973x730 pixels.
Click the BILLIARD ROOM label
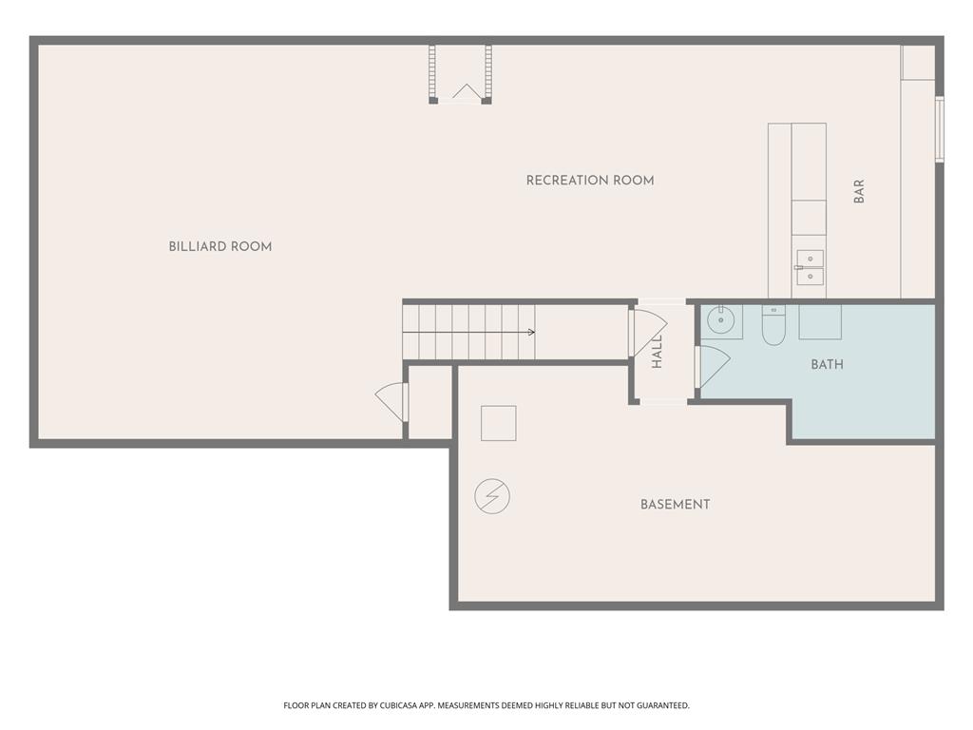point(220,246)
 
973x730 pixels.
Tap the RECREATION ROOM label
point(590,180)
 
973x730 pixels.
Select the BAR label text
point(859,191)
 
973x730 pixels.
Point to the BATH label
point(828,364)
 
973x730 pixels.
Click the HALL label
point(658,352)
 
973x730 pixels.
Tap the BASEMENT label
point(676,504)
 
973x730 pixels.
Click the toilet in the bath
point(773,325)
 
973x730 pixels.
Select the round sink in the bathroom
point(721,320)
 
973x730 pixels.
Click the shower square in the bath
point(820,321)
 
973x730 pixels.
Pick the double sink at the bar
point(810,267)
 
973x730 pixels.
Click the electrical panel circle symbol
point(492,496)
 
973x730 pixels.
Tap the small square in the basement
point(498,423)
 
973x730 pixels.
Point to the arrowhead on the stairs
point(531,332)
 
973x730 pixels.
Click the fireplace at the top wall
point(460,74)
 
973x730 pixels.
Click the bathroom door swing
point(712,367)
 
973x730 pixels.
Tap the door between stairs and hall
point(647,334)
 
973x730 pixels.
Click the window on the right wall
point(940,129)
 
